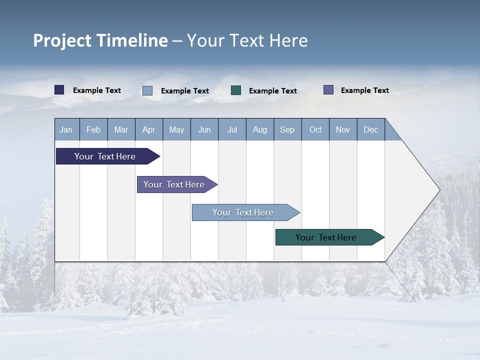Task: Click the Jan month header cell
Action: [x=66, y=129]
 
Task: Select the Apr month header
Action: [x=149, y=129]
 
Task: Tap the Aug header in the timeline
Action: [x=260, y=129]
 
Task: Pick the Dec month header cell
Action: [x=371, y=129]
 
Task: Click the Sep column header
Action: [x=287, y=129]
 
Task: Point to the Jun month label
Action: [x=204, y=129]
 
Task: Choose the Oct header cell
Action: [x=315, y=129]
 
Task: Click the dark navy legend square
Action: [x=59, y=90]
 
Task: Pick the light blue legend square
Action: [x=147, y=90]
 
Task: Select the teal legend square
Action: [x=236, y=90]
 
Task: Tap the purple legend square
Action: [x=328, y=90]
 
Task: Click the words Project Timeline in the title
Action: [x=100, y=40]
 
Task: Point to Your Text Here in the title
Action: [x=247, y=40]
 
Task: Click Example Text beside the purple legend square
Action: [x=364, y=90]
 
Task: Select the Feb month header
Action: [x=93, y=129]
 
